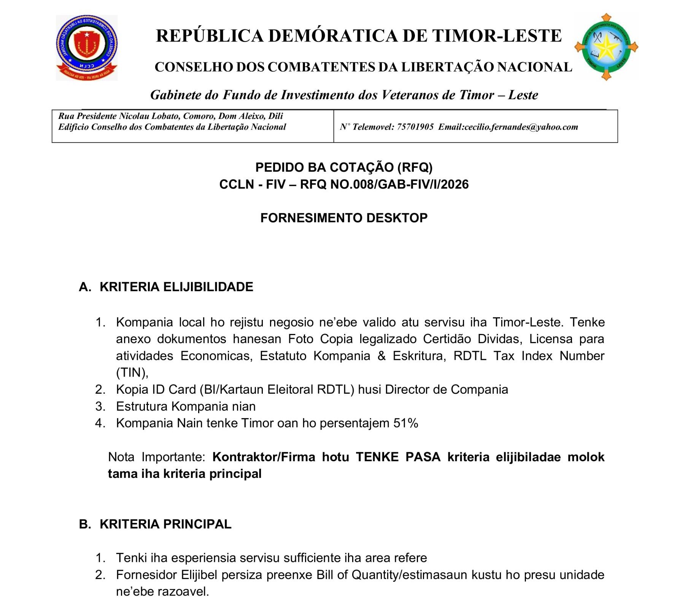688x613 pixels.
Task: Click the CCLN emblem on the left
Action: click(x=87, y=48)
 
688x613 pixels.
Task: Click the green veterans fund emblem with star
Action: click(x=606, y=47)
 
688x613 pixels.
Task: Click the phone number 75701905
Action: click(x=415, y=127)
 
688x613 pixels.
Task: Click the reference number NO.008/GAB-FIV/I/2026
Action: click(x=399, y=184)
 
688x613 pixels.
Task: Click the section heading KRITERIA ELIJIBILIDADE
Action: click(x=176, y=287)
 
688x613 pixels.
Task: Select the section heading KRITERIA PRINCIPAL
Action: click(x=165, y=524)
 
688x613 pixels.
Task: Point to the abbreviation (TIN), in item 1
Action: click(x=132, y=372)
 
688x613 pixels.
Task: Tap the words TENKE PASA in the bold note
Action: click(x=398, y=457)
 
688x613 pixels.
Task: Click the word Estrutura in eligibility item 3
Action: click(x=141, y=406)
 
